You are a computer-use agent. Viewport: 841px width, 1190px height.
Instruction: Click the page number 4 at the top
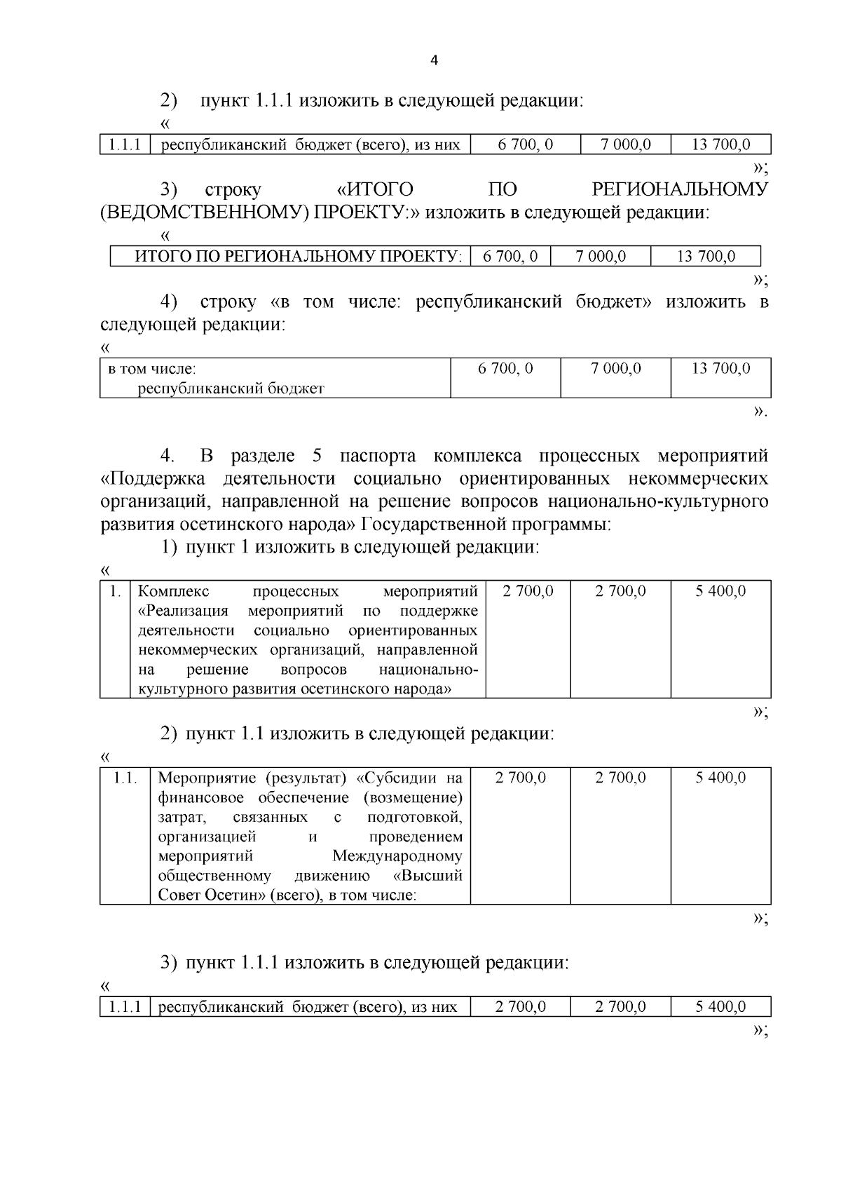pyautogui.click(x=433, y=60)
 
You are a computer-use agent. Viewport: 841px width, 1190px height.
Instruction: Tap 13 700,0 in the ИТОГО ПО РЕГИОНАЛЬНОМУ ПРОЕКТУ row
pyautogui.click(x=706, y=256)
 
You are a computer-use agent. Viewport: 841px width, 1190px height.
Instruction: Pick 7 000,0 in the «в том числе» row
pyautogui.click(x=616, y=368)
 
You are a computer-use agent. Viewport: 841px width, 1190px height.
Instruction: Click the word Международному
pyautogui.click(x=397, y=856)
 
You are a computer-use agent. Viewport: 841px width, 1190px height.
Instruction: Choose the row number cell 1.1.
pyautogui.click(x=125, y=778)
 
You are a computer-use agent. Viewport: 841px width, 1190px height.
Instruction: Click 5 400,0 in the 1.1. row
pyautogui.click(x=720, y=778)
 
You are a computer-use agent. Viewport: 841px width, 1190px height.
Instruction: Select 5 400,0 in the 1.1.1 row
pyautogui.click(x=720, y=1007)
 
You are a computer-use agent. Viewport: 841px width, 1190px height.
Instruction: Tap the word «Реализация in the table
pyautogui.click(x=184, y=611)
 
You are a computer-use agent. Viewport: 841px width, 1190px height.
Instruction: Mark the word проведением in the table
pyautogui.click(x=416, y=837)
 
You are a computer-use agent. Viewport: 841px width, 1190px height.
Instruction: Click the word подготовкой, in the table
pyautogui.click(x=414, y=817)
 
